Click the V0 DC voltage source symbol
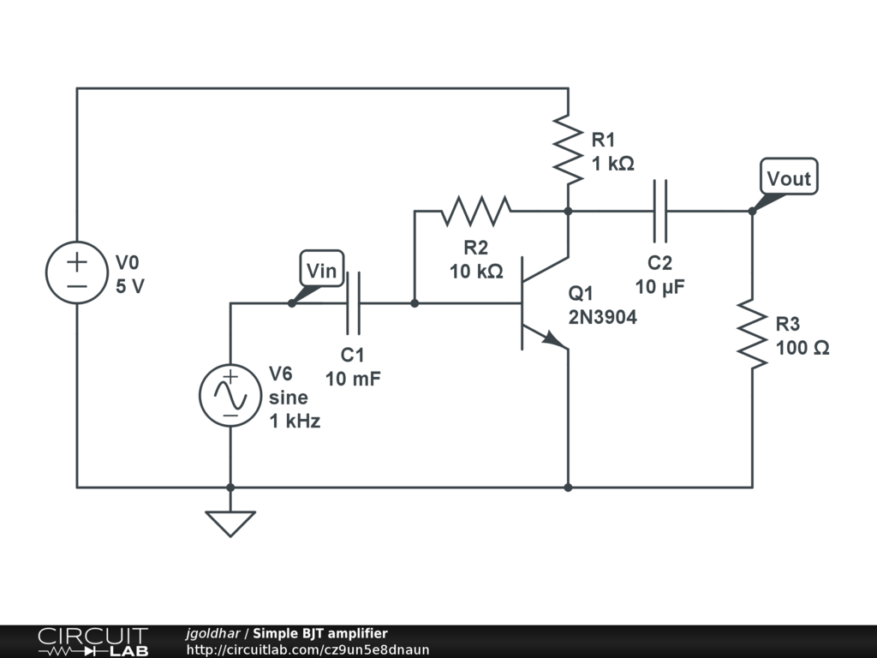pos(76,272)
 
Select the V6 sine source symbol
pos(230,396)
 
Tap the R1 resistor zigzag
pos(568,149)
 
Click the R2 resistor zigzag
pos(476,211)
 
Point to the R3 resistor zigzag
pos(752,334)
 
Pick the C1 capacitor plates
pos(353,302)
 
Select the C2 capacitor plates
pos(660,211)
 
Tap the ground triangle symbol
pos(230,523)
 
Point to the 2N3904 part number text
pos(602,317)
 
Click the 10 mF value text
pos(353,379)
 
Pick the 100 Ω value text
pos(802,348)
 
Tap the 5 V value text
pos(130,286)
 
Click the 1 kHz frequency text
pos(295,421)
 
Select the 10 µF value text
pos(659,287)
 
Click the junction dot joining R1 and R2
pos(569,211)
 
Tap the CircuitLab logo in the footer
pos(92,642)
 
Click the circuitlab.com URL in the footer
pos(307,649)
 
